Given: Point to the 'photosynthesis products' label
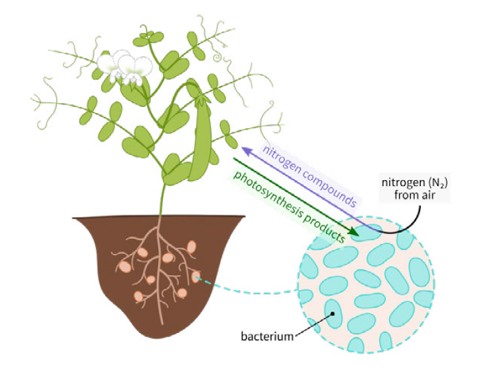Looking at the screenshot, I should (289, 203).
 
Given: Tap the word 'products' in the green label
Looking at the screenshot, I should (322, 224).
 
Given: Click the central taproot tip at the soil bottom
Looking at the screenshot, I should (159, 322).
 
